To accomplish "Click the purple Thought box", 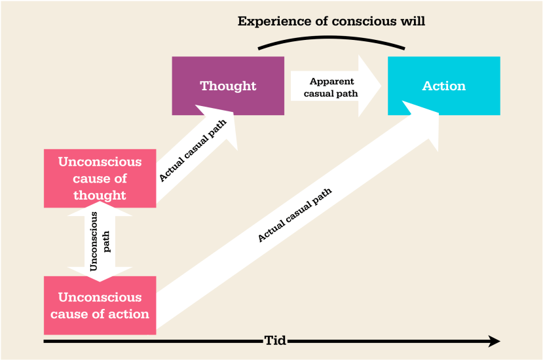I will click(x=228, y=86).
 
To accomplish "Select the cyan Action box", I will click(x=443, y=86).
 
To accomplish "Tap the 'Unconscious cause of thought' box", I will click(x=100, y=178).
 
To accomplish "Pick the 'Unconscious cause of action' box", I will click(x=100, y=305).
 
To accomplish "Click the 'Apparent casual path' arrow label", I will click(x=331, y=87).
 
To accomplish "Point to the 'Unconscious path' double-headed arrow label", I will click(x=100, y=242).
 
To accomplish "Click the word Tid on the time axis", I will click(x=274, y=340).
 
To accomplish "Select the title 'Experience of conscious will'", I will click(x=331, y=21).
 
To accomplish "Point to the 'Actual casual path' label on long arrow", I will click(x=295, y=215).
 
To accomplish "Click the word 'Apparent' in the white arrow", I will click(x=332, y=81).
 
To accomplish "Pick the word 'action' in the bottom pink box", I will click(x=128, y=314).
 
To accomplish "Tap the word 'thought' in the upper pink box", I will click(x=100, y=195).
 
